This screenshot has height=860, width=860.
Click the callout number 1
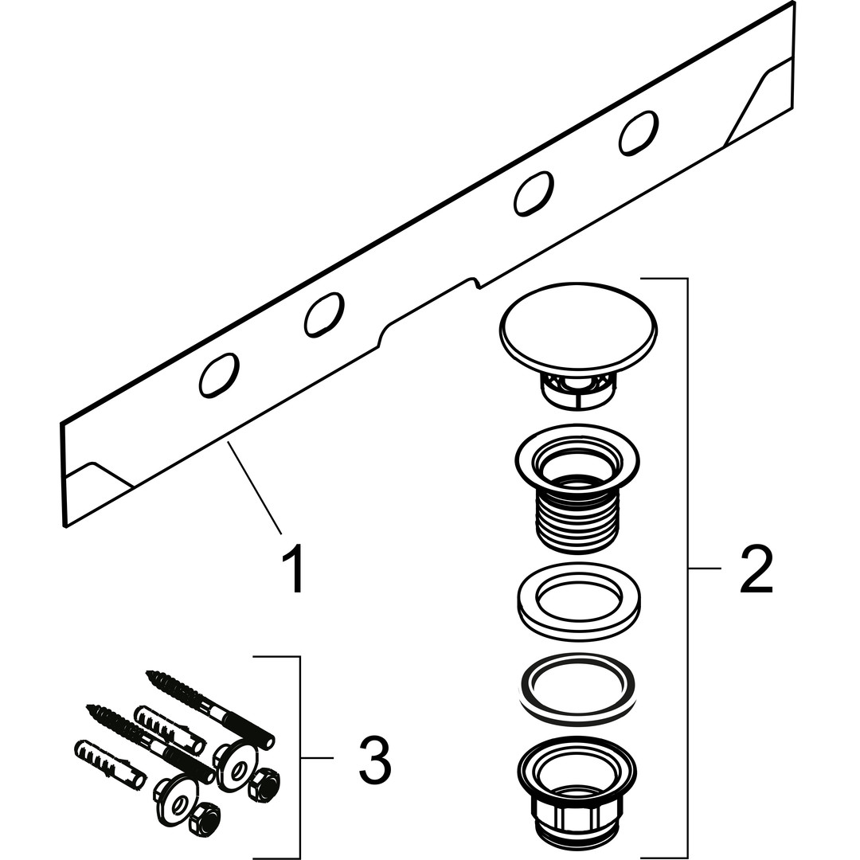(293, 568)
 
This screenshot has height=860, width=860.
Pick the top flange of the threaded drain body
(577, 459)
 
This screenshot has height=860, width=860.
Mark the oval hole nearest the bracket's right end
(639, 133)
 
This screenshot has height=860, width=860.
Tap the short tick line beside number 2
(704, 569)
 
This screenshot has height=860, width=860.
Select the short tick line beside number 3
(317, 758)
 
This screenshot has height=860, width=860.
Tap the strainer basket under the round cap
(578, 384)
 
